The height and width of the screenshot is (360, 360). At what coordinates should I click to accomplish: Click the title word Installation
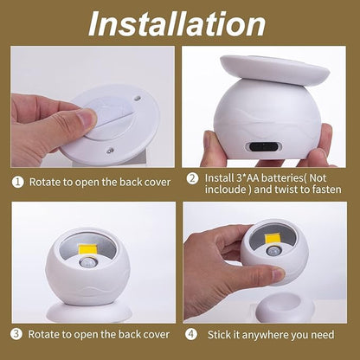point(180,23)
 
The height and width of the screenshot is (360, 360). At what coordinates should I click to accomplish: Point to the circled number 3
point(16,332)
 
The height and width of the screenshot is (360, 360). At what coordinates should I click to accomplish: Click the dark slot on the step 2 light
point(261,146)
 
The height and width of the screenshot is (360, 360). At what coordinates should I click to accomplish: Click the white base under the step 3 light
point(87,312)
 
